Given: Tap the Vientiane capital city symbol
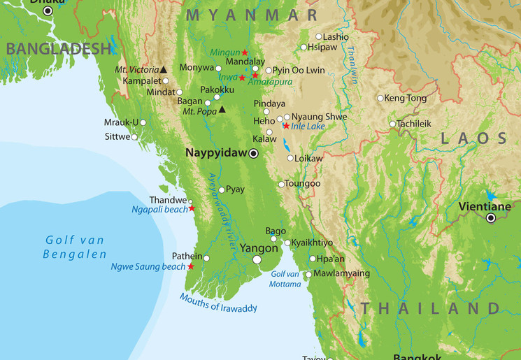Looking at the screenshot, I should point(491,218).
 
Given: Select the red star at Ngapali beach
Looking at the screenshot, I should point(192,208).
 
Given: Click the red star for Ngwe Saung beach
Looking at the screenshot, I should point(190,266).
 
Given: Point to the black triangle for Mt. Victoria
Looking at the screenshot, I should point(164,69).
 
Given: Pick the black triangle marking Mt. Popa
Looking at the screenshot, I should point(222,109).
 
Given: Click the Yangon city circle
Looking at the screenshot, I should point(257,259).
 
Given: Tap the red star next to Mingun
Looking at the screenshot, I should point(245,52).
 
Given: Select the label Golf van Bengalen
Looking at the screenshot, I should point(74,247).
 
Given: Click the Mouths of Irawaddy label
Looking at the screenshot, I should point(218,303).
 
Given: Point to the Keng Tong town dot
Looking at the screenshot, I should point(380,99).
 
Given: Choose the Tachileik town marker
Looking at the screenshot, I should point(393,124).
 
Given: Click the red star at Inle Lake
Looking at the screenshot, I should point(285,126).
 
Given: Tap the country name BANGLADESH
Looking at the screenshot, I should point(59,48).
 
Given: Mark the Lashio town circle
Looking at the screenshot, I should point(319,36).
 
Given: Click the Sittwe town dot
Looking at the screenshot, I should point(134,137).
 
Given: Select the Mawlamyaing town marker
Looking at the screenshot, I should point(308,274).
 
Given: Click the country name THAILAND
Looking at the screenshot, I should point(430,308).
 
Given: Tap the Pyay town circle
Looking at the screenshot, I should point(222,189).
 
